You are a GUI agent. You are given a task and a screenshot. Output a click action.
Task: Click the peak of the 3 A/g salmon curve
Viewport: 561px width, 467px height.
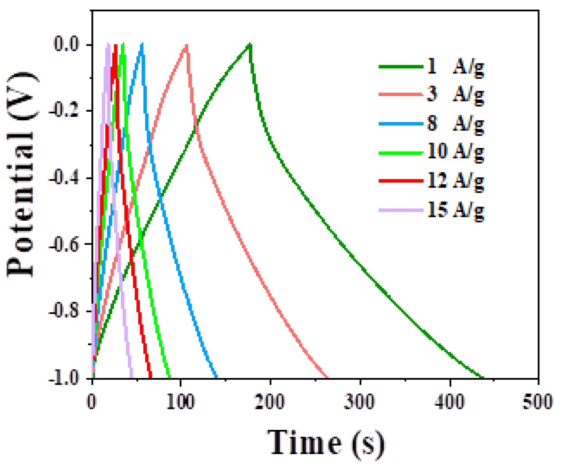(187, 45)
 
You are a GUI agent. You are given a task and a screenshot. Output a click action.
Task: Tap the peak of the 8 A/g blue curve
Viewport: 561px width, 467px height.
(142, 44)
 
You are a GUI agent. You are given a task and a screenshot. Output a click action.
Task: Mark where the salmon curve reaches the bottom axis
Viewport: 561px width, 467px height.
(327, 377)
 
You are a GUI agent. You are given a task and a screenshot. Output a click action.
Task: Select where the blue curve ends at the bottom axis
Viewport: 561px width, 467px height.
(216, 377)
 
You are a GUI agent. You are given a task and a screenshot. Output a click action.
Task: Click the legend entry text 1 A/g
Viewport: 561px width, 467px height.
(456, 66)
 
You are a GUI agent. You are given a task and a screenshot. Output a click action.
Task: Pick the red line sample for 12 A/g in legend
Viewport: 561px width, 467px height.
(401, 181)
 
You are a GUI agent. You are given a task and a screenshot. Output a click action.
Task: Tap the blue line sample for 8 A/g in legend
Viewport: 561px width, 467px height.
(401, 124)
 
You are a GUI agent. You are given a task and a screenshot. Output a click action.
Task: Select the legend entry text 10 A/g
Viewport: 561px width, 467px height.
(456, 152)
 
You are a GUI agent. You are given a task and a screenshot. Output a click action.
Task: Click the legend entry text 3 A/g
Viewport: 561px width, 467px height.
(456, 95)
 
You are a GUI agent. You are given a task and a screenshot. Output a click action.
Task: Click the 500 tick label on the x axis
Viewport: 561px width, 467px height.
(538, 401)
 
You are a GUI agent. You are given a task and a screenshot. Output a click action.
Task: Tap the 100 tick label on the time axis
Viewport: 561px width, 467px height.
(180, 401)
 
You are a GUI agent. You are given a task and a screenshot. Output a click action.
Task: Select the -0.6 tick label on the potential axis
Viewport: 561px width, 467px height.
(67, 244)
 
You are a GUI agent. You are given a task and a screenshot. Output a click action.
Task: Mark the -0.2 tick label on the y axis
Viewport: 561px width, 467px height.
(67, 111)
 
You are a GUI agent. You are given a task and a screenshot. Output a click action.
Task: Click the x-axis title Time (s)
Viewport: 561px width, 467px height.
(326, 443)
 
